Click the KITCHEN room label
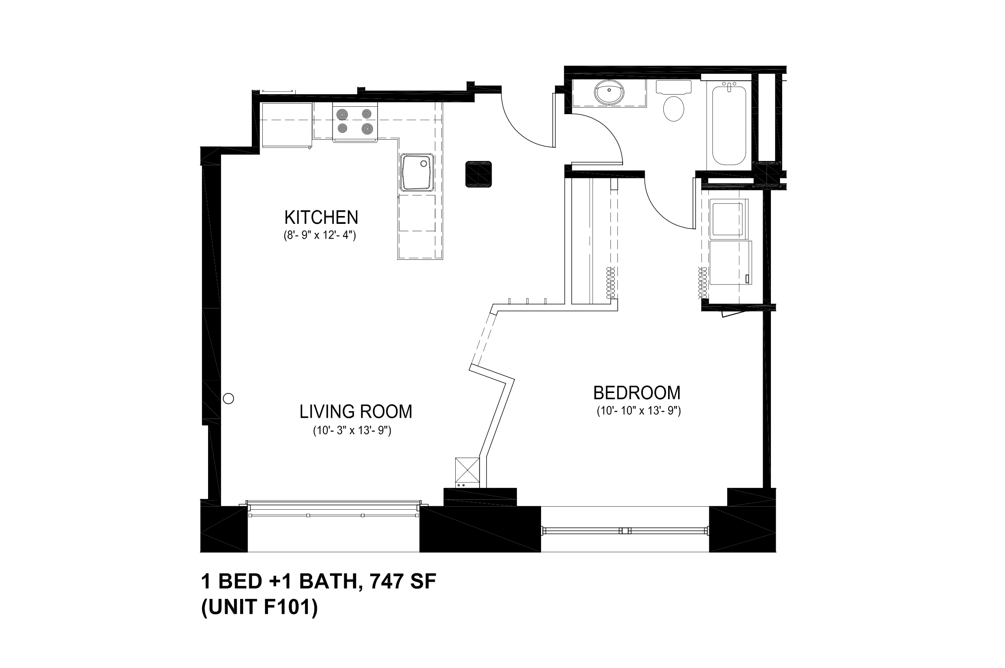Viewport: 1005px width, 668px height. [x=321, y=217]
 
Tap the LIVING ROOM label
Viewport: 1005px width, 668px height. [x=356, y=412]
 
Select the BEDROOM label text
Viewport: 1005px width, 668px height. [x=636, y=393]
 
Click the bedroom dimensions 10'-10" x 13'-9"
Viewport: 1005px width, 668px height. [x=639, y=411]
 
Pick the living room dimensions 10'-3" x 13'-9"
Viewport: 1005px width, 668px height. [x=352, y=431]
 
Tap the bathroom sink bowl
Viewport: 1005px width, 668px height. [x=609, y=93]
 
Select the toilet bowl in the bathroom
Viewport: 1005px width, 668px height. [x=673, y=108]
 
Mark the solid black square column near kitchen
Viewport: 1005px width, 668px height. [x=479, y=174]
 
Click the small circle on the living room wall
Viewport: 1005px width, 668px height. [x=228, y=399]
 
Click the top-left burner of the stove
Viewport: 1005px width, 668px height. [x=343, y=114]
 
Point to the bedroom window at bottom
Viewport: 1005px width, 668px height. [x=625, y=530]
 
